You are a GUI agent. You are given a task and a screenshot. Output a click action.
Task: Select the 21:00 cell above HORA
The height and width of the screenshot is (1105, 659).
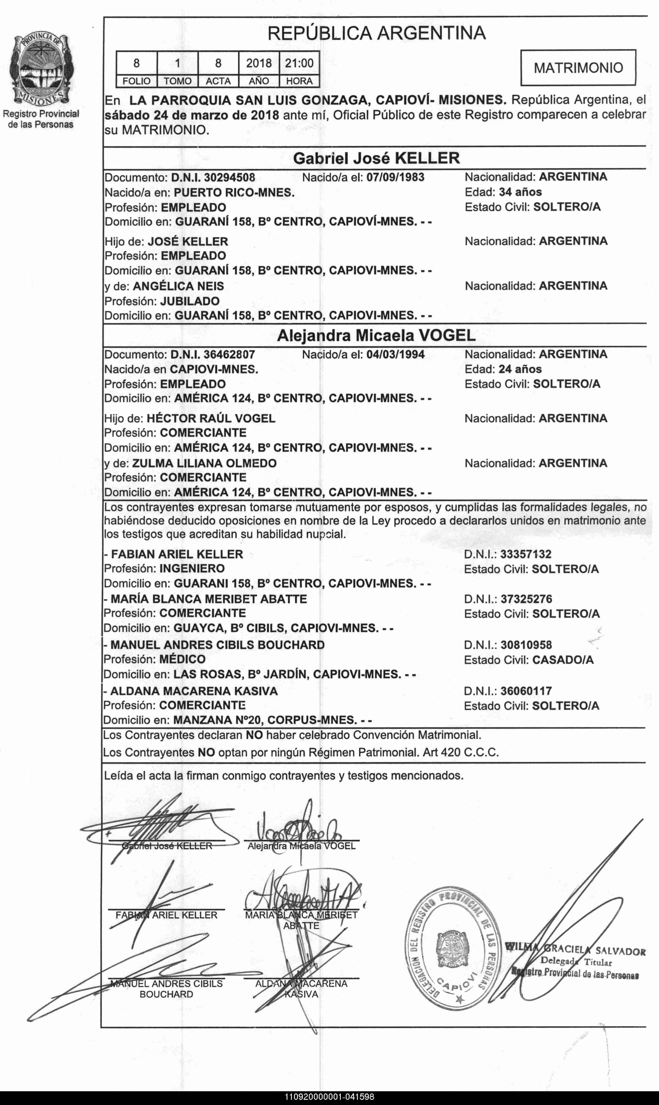pyautogui.click(x=299, y=63)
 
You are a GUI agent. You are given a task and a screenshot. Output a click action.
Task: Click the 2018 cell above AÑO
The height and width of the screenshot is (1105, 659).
pyautogui.click(x=259, y=63)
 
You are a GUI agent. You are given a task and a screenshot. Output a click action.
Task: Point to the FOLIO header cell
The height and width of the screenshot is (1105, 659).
pyautogui.click(x=136, y=81)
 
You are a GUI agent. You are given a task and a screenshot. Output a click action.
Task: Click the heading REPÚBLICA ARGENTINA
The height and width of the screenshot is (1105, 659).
pyautogui.click(x=377, y=33)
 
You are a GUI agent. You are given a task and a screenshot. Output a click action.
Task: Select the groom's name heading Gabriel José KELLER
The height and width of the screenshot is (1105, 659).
pyautogui.click(x=377, y=158)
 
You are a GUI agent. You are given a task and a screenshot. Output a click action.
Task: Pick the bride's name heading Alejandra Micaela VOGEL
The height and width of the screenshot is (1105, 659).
pyautogui.click(x=376, y=335)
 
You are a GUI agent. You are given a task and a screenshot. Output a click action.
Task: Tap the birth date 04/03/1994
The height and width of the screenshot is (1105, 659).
pyautogui.click(x=395, y=354)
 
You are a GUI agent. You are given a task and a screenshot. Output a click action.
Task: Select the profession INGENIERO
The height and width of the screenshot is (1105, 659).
pyautogui.click(x=192, y=568)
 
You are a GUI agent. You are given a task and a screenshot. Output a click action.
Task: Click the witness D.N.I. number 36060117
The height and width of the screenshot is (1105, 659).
pyautogui.click(x=526, y=691)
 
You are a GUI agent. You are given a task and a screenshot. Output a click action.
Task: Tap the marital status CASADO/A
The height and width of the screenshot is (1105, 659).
pyautogui.click(x=563, y=660)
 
